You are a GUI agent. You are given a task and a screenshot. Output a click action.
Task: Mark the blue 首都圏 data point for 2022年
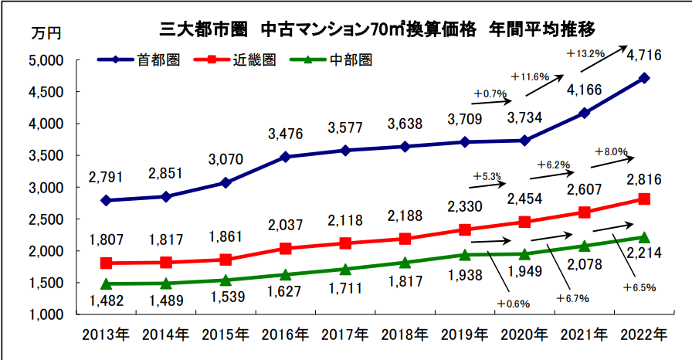click(644, 78)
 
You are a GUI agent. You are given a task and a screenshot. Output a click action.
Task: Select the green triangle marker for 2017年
click(345, 270)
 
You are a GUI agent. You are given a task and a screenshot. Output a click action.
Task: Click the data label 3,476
click(287, 134)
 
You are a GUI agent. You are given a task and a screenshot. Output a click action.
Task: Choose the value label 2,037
click(287, 227)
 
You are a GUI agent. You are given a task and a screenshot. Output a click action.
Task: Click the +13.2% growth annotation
click(585, 53)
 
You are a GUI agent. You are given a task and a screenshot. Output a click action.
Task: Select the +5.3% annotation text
click(490, 176)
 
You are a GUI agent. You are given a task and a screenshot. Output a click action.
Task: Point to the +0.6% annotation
click(514, 304)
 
